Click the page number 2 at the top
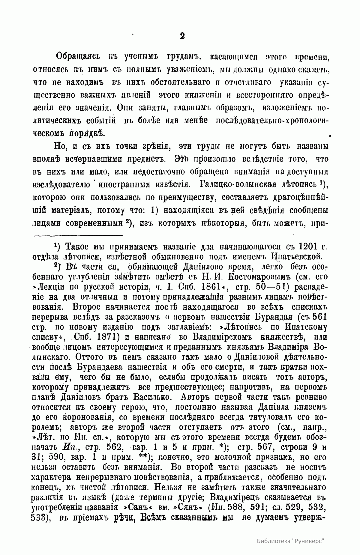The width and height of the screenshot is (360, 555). point(182,36)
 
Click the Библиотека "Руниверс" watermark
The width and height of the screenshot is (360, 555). point(291,541)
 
